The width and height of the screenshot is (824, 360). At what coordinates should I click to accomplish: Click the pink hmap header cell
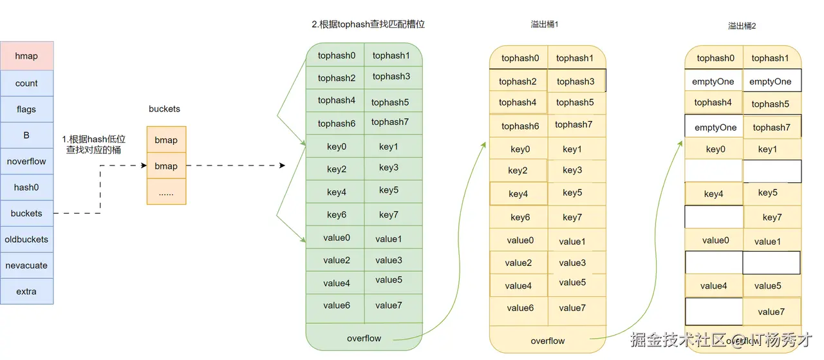click(26, 56)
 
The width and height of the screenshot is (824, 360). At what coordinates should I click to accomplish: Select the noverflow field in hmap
click(26, 161)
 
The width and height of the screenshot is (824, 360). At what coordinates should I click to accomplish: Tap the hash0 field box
click(26, 187)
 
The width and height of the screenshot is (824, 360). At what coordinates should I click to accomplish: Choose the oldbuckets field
click(26, 239)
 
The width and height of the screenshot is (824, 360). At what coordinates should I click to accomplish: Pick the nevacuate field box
click(26, 265)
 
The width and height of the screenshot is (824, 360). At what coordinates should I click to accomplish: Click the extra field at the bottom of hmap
click(26, 291)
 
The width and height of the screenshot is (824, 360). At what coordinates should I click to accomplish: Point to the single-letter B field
click(26, 135)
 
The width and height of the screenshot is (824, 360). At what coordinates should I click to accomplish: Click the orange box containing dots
click(166, 192)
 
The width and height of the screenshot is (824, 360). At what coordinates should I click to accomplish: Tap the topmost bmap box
click(166, 140)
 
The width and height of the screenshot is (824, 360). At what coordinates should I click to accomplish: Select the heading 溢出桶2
click(742, 26)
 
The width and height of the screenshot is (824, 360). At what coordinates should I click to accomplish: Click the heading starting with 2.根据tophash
click(368, 24)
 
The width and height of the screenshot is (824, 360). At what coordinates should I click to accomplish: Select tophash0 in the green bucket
click(336, 55)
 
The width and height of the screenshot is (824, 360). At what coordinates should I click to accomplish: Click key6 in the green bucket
click(336, 215)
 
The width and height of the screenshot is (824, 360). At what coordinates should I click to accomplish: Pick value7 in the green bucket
click(388, 305)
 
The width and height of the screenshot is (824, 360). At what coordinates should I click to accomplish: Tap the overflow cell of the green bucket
click(364, 338)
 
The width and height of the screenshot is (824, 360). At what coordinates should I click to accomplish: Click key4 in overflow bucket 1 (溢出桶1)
click(518, 194)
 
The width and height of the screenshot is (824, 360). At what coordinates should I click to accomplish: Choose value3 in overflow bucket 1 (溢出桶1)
click(572, 263)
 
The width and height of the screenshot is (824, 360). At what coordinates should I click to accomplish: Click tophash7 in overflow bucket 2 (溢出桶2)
click(771, 127)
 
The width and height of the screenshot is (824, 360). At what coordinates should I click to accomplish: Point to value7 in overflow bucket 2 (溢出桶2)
click(771, 312)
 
